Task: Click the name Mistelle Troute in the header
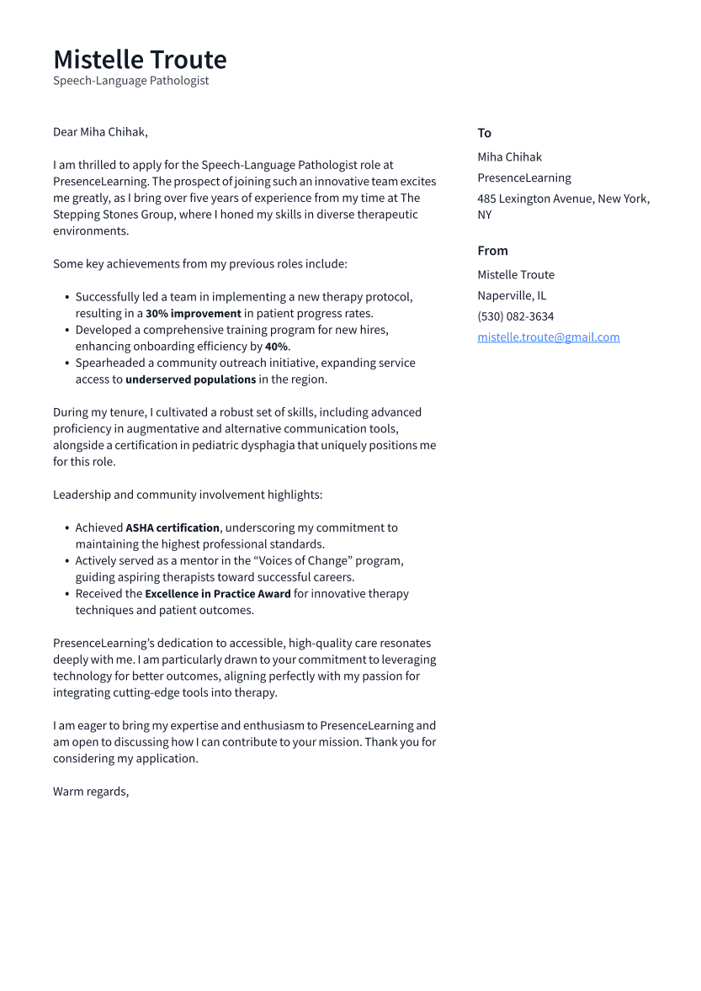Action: point(140,60)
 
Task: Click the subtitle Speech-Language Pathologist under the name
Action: point(130,81)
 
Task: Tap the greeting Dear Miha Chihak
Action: point(100,132)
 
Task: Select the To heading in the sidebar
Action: point(484,133)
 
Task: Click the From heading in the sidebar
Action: point(492,251)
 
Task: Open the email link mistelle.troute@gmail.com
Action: point(548,337)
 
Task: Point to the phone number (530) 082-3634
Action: point(515,316)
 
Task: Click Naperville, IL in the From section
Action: point(511,295)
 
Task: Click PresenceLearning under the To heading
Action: point(523,178)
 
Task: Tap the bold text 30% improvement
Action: point(193,314)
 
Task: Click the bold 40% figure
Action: point(276,347)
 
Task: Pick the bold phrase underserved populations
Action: point(190,379)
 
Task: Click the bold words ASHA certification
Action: point(173,528)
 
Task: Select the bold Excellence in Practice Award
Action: point(217,594)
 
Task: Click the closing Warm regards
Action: point(91,792)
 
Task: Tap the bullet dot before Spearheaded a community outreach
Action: point(67,363)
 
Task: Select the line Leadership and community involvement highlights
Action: point(188,495)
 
